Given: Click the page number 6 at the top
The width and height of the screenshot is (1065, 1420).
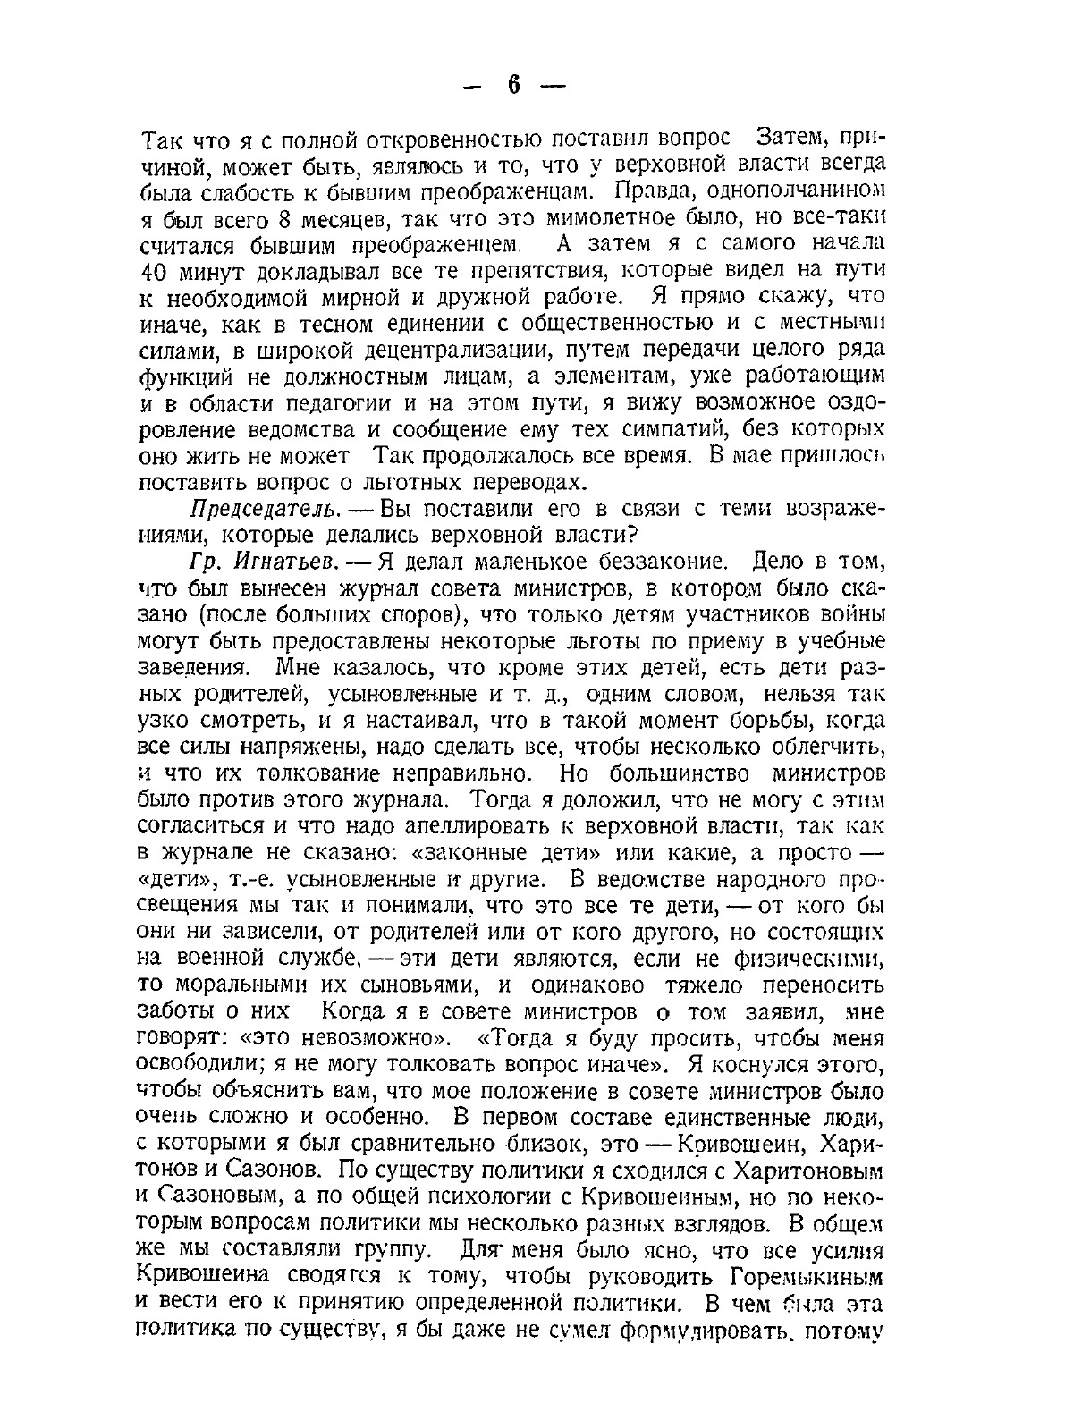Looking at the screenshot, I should coord(513,85).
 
